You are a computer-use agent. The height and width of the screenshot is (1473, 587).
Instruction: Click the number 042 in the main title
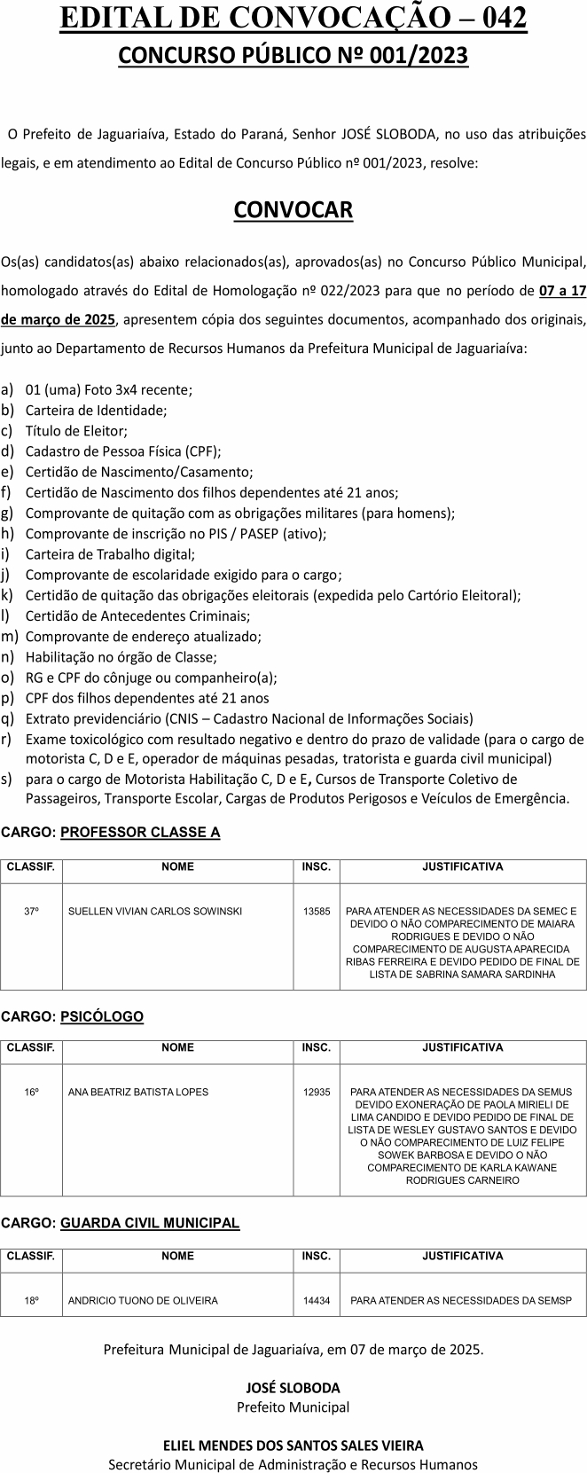(x=497, y=19)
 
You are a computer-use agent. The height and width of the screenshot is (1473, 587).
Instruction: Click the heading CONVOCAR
(x=293, y=210)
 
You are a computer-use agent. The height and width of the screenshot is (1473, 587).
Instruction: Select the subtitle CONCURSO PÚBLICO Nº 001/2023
(x=293, y=56)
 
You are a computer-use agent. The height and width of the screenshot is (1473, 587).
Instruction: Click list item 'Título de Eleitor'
(x=76, y=431)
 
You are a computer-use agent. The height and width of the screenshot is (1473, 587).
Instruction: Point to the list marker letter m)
(x=10, y=636)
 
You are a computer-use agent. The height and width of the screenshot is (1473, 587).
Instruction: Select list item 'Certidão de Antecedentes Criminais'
(x=137, y=615)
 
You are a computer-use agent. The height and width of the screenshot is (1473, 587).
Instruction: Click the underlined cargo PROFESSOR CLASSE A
(x=140, y=832)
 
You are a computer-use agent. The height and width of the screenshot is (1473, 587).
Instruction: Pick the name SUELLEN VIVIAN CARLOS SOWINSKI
(x=155, y=911)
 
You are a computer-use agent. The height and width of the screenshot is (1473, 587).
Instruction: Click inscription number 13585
(x=317, y=911)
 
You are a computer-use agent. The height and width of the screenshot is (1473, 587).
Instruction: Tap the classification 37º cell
(x=32, y=911)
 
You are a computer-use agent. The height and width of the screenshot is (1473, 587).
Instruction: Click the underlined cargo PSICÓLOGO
(x=102, y=1016)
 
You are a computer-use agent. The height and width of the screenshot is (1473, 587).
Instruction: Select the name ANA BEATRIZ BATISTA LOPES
(x=138, y=1092)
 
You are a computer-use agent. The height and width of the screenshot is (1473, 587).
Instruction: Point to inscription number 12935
(x=317, y=1092)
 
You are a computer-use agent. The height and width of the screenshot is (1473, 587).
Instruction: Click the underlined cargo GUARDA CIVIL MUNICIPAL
(x=150, y=1223)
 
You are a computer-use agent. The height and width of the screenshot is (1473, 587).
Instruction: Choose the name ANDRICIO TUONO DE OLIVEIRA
(x=143, y=1301)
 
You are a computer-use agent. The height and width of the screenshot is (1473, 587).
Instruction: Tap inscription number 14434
(x=317, y=1301)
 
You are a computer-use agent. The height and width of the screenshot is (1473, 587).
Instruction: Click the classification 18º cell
(x=32, y=1301)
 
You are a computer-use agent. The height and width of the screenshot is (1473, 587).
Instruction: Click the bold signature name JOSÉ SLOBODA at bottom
(x=293, y=1388)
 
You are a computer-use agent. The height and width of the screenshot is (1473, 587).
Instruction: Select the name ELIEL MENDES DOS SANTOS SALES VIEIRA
(x=293, y=1446)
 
